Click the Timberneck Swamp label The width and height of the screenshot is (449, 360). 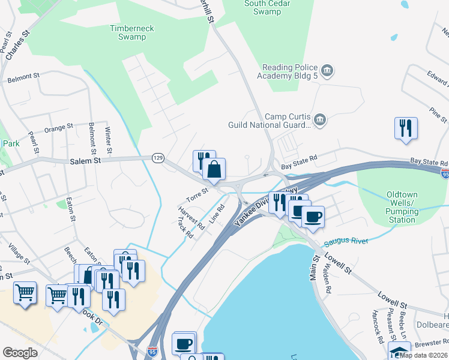pyautogui.click(x=128, y=32)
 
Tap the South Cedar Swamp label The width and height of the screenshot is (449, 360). pyautogui.click(x=263, y=7)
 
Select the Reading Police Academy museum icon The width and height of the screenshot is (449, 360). pyautogui.click(x=327, y=71)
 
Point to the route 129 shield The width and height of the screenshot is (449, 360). pyautogui.click(x=158, y=158)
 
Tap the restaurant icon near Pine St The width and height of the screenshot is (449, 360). pyautogui.click(x=406, y=128)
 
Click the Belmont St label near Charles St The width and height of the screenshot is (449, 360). pyautogui.click(x=23, y=77)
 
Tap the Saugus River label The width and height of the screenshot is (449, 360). pyautogui.click(x=346, y=241)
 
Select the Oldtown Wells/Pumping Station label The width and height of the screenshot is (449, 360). pyautogui.click(x=402, y=208)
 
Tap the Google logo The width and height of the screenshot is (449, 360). pyautogui.click(x=20, y=353)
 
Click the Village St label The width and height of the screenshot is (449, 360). pyautogui.click(x=19, y=253)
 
